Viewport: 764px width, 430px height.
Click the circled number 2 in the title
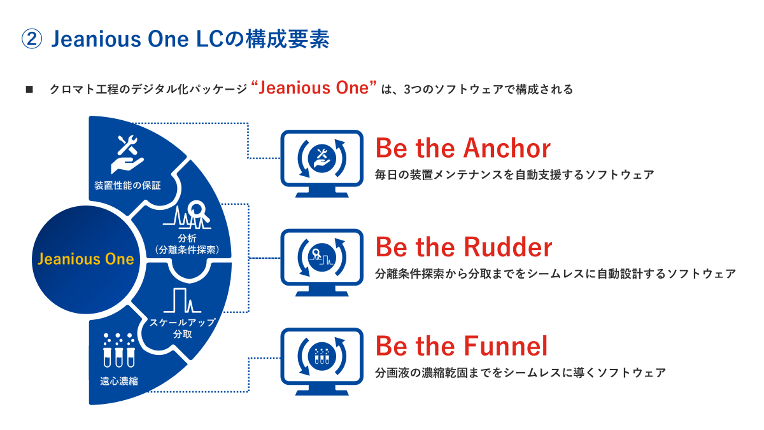coord(32,39)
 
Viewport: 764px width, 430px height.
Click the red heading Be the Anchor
coord(463,148)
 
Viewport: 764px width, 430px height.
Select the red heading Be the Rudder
coord(463,247)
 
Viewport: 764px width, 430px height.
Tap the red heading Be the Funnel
coord(462,346)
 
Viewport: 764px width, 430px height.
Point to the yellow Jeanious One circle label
coord(86,259)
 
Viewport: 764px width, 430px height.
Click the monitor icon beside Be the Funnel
coord(322,358)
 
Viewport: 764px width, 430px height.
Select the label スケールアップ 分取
coord(183,328)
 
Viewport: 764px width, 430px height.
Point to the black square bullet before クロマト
coord(29,90)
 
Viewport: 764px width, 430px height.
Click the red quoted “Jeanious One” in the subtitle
coord(315,88)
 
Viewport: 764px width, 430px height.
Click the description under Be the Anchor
coord(514,174)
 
